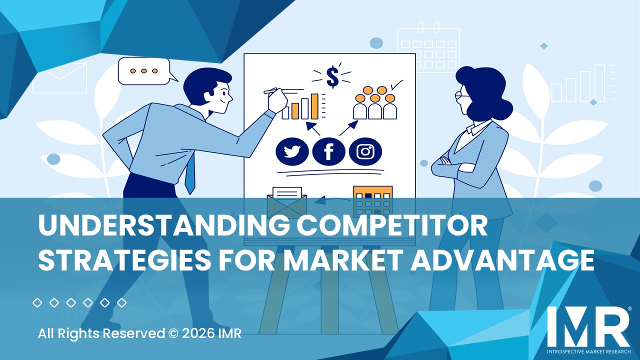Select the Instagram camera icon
[365, 151]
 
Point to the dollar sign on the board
[332, 76]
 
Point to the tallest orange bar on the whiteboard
[314, 106]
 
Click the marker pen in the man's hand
[271, 91]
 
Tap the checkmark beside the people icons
[397, 85]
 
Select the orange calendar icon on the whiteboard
[372, 200]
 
